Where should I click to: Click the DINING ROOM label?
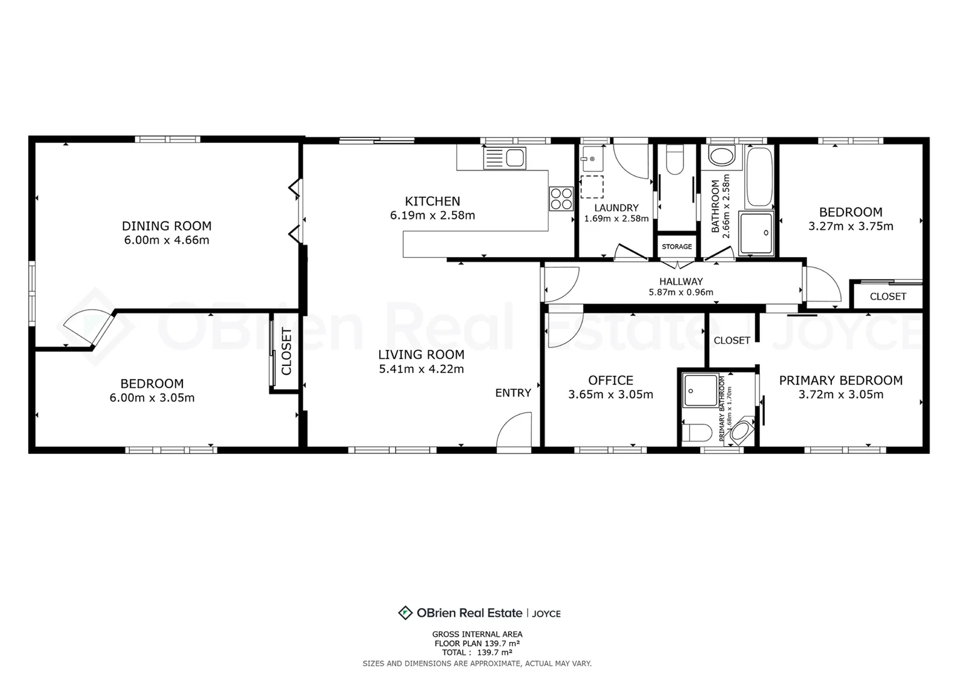166,226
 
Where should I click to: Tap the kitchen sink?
505,158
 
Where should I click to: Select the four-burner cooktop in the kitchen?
562,199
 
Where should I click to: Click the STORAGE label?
676,246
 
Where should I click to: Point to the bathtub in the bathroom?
759,177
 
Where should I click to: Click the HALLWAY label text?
681,281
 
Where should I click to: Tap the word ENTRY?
513,392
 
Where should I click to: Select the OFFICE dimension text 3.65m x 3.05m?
611,394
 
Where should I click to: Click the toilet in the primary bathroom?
697,433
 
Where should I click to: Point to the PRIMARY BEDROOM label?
841,380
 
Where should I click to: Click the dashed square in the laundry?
592,187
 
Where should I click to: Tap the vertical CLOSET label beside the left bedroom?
286,352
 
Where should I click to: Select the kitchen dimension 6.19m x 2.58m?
433,215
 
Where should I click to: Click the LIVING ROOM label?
421,355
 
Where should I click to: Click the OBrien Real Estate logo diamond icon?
405,613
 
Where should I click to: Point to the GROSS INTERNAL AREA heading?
477,634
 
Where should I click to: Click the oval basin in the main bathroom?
722,156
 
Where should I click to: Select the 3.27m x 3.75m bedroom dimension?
851,226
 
